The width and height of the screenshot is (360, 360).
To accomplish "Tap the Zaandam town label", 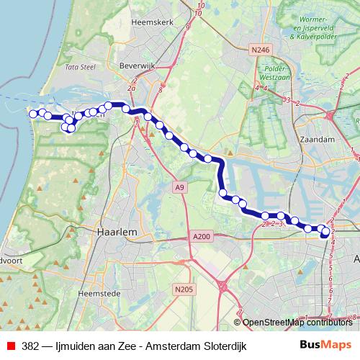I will (x=321, y=138).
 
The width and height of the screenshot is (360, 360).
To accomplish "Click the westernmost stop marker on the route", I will (x=32, y=113).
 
